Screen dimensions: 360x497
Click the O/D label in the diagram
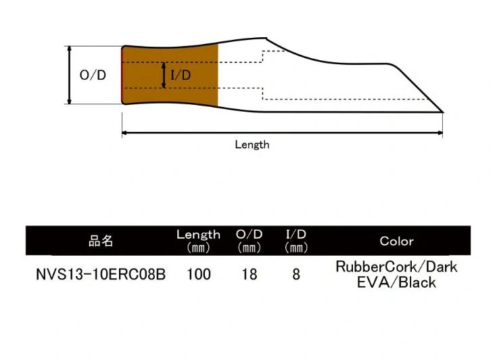[93, 75]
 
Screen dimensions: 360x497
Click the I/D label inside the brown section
[181, 75]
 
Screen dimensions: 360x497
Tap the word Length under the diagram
[252, 144]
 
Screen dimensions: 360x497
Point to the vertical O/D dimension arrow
[69, 75]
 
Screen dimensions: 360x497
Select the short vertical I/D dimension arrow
[163, 75]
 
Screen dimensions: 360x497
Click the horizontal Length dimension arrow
[282, 133]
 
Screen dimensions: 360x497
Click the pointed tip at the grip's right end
[442, 111]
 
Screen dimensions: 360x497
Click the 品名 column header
[101, 241]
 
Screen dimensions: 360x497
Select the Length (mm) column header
[198, 240]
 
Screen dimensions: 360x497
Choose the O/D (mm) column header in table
[250, 240]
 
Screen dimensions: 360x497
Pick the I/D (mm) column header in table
[296, 240]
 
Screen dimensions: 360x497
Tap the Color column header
[396, 241]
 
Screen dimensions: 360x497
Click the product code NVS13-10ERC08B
[101, 275]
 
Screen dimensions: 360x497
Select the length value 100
[199, 275]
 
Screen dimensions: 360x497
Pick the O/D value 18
[250, 275]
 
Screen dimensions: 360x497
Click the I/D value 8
[296, 275]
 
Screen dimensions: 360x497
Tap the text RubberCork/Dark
[396, 267]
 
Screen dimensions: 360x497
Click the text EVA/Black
[396, 282]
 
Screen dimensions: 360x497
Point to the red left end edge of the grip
[122, 75]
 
